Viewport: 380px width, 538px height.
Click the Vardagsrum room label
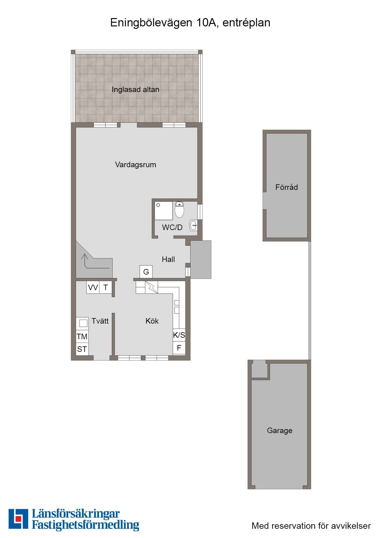coord(135,165)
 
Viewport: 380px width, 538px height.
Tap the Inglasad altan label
coord(135,90)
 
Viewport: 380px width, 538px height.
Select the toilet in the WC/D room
coord(179,210)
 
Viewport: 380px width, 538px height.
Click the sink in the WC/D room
coord(194,225)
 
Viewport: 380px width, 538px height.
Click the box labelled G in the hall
coord(146,272)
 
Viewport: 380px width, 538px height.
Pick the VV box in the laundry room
coord(93,287)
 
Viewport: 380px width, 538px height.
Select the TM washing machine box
coord(82,336)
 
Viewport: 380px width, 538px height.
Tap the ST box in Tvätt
coord(82,349)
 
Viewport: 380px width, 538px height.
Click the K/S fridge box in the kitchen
coord(179,335)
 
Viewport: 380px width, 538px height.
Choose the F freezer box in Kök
coord(179,348)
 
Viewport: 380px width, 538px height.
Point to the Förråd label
coord(287,187)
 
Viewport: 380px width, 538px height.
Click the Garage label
coord(279,431)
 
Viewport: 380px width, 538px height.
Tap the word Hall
coord(168,259)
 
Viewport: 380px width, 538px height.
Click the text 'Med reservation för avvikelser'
coord(311,526)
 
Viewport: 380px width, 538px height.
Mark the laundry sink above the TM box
coord(82,323)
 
